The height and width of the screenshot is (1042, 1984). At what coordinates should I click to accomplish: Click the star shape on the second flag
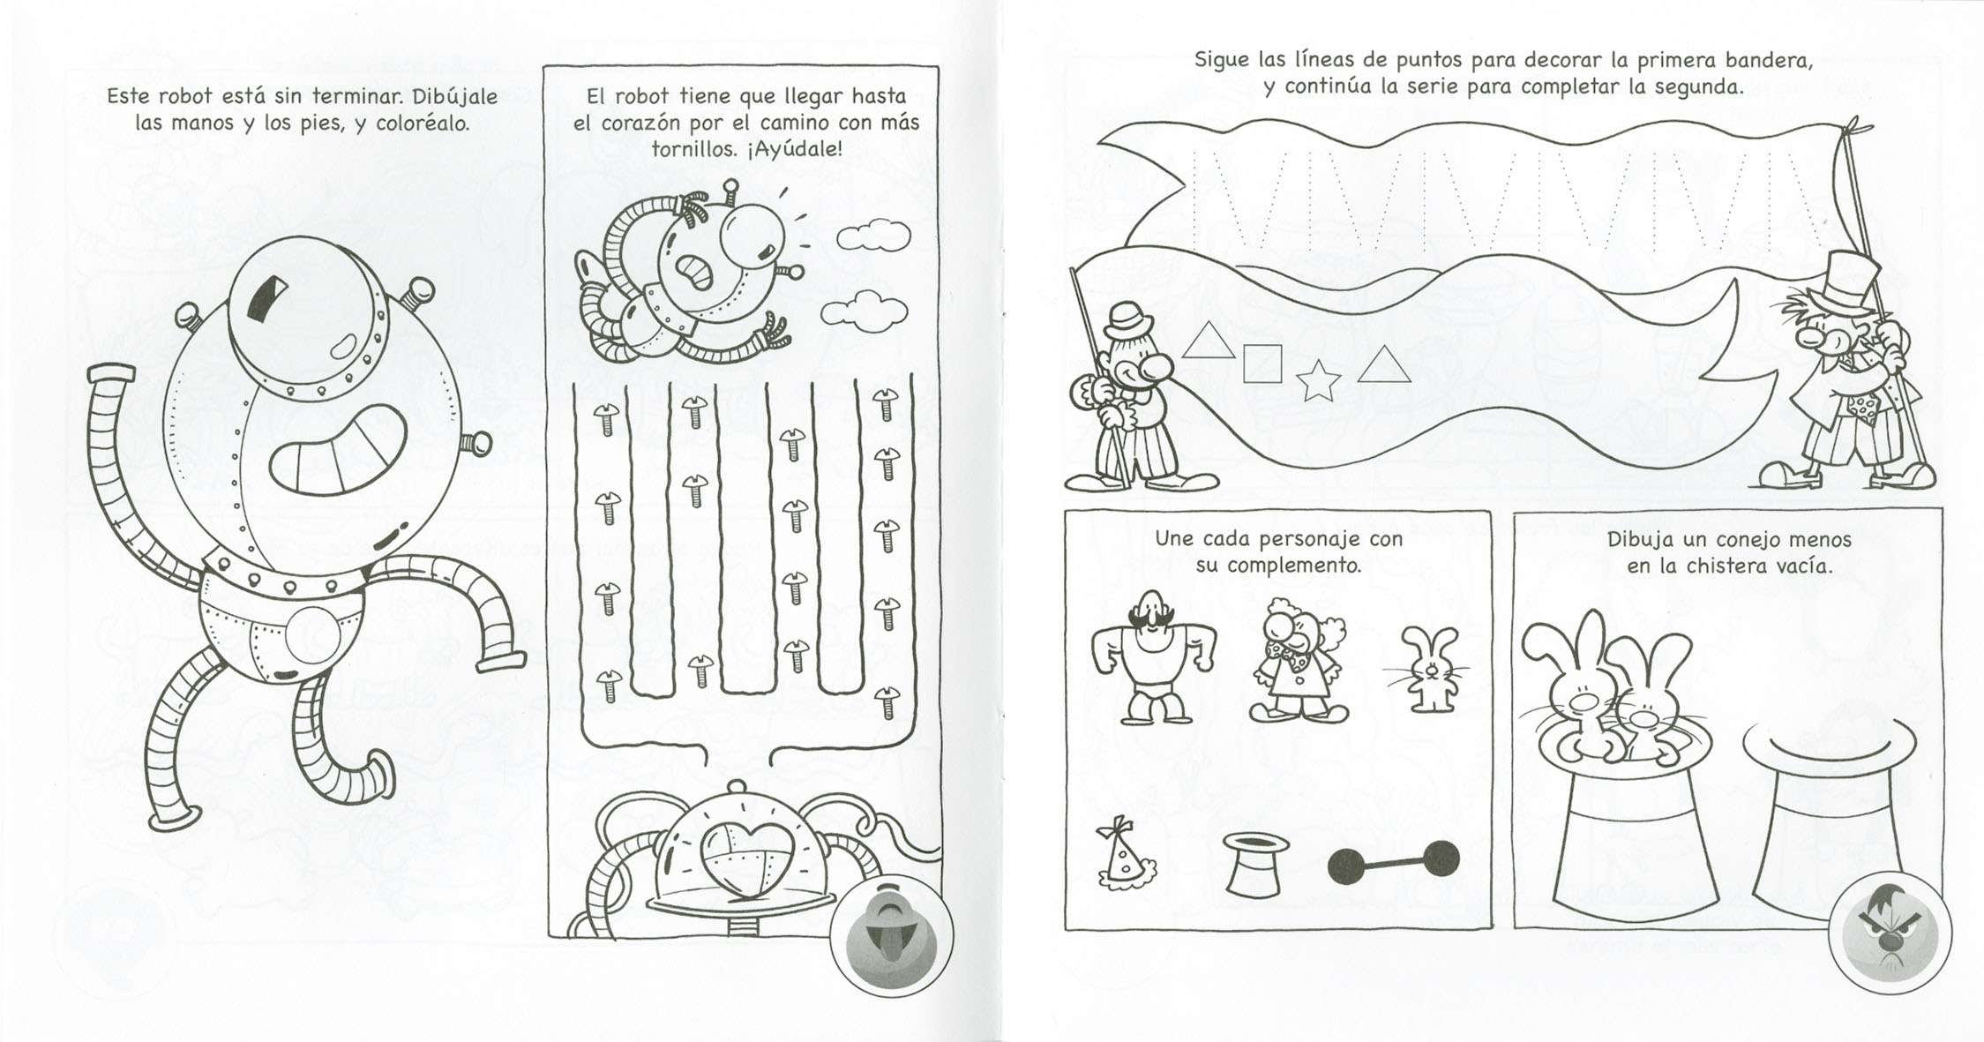pos(1318,380)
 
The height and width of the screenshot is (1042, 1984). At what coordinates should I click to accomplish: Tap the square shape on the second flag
pos(1262,364)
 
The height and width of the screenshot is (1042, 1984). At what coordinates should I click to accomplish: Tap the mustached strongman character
pos(1152,656)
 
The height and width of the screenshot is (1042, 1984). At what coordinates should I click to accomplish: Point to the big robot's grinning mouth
pos(338,449)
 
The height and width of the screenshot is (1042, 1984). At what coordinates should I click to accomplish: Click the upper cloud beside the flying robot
pos(873,235)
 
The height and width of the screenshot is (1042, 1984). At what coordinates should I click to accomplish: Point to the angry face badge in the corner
pos(1890,933)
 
